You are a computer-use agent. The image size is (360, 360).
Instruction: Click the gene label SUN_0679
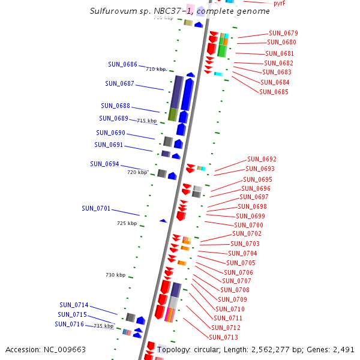click(x=283, y=34)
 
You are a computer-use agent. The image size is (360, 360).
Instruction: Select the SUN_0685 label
click(x=274, y=92)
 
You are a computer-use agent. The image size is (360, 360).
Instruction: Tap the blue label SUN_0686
click(x=122, y=64)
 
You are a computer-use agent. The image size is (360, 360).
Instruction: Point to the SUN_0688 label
click(x=115, y=106)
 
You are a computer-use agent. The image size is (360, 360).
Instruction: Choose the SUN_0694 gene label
click(x=104, y=164)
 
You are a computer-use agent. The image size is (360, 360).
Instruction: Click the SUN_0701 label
click(x=96, y=208)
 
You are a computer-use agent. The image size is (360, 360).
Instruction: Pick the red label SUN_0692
click(x=262, y=159)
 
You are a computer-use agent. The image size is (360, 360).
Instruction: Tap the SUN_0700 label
click(x=248, y=225)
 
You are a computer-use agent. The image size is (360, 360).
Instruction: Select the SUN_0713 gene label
click(x=224, y=337)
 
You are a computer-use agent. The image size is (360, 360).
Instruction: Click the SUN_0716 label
click(x=69, y=324)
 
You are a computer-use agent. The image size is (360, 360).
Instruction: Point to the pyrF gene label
click(x=279, y=4)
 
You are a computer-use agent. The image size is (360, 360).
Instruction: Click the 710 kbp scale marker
click(x=155, y=69)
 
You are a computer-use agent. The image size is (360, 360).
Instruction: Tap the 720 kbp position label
click(x=137, y=172)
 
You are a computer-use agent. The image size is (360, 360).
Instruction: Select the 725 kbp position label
click(x=127, y=223)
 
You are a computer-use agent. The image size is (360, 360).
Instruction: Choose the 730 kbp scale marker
click(x=115, y=275)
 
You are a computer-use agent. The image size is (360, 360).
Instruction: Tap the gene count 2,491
click(x=343, y=349)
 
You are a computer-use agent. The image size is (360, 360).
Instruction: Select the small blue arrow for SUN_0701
click(x=163, y=221)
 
